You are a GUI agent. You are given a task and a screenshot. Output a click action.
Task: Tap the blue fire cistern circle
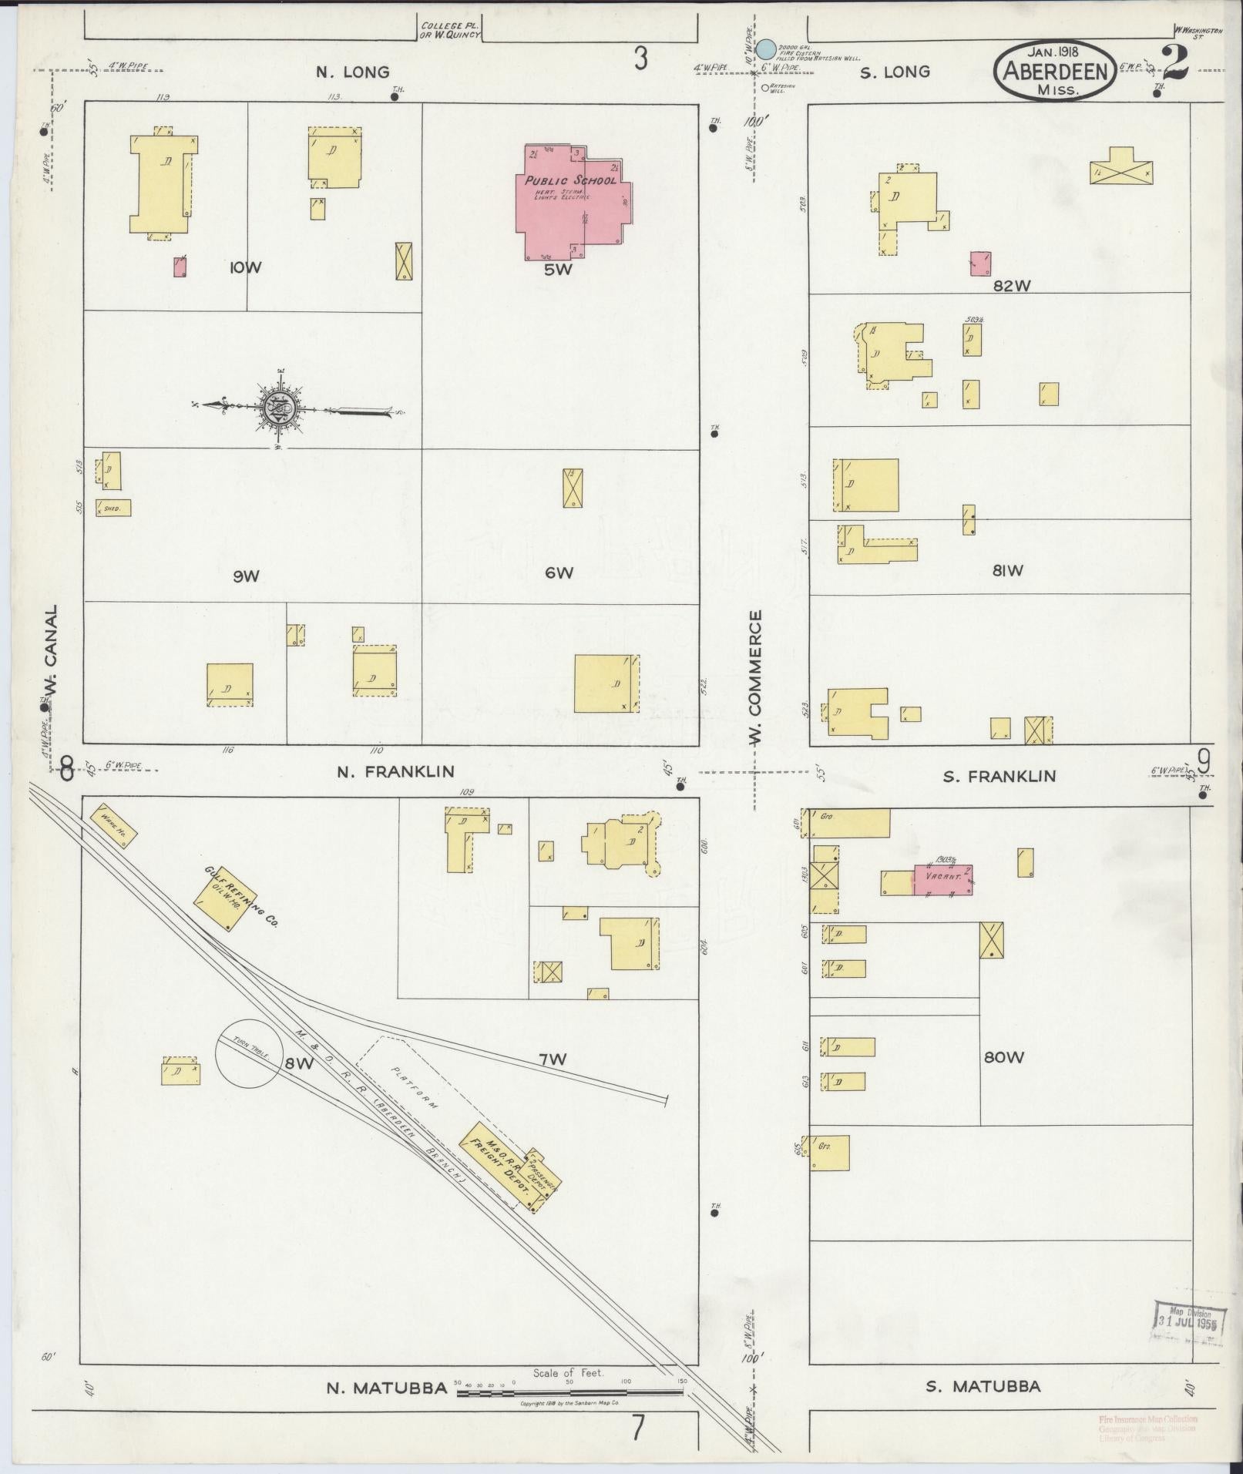(765, 49)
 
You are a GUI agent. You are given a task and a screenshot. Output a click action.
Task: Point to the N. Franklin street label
(395, 771)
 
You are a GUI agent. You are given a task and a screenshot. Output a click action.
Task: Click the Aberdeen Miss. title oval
(1055, 71)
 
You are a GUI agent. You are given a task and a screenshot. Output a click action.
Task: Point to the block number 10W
(245, 268)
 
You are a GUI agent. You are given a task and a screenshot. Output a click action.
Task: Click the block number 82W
(1011, 286)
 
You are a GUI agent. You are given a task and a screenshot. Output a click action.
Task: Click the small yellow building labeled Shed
(113, 508)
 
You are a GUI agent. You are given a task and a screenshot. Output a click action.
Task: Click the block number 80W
(1003, 1058)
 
